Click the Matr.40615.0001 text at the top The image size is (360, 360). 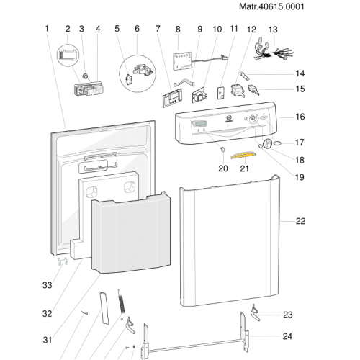271,6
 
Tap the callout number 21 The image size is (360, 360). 244,168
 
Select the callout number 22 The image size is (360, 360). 300,221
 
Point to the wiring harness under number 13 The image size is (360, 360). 274,51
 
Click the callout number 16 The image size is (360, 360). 300,117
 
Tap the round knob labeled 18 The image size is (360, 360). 267,144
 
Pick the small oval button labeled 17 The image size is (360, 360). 277,143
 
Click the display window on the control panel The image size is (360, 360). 199,125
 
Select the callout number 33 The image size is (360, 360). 47,285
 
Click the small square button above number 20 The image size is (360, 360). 223,149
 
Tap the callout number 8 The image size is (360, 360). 178,30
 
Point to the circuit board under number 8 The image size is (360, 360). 182,61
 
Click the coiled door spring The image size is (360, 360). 122,304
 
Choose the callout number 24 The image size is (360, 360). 287,336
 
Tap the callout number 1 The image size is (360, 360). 47,29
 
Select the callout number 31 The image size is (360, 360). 48,340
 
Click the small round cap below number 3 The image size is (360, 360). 84,76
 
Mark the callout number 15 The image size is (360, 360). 300,89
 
